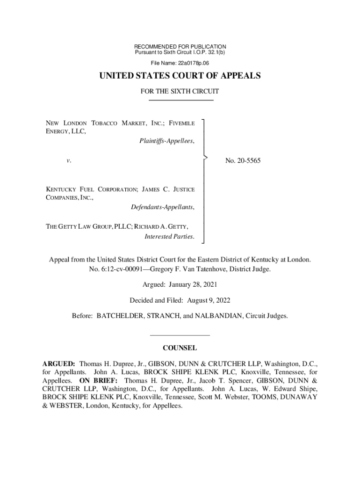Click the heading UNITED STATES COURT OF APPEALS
180,76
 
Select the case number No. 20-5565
243,161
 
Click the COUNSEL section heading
180,348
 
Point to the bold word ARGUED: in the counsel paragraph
59,363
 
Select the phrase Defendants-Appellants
163,206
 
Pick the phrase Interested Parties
170,236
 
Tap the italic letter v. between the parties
68,161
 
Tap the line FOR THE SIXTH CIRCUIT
180,92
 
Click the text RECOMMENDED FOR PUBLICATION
180,47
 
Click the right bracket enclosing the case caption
204,181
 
